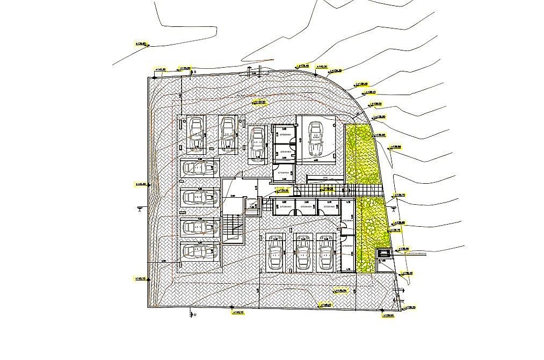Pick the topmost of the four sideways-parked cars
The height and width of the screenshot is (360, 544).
[195, 168]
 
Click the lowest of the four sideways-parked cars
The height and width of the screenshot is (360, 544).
[195, 251]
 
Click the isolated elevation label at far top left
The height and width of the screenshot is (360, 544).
[141, 44]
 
